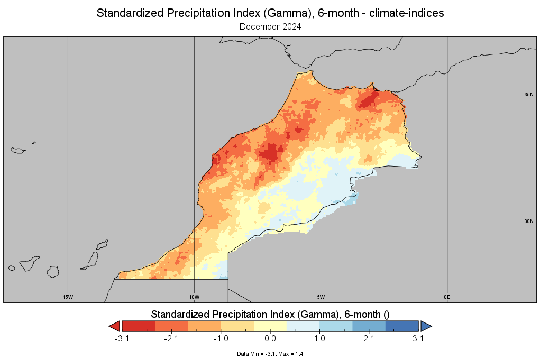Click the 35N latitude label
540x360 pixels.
[x=529, y=94]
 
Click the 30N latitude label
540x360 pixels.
[x=529, y=221]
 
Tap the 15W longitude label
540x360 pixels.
[x=68, y=297]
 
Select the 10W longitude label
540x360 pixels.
[x=194, y=297]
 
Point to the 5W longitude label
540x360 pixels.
[x=321, y=297]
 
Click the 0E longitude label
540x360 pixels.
[x=447, y=297]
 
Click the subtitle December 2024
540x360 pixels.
[x=270, y=27]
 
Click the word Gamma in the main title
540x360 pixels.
[x=282, y=13]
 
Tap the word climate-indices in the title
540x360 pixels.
[x=406, y=13]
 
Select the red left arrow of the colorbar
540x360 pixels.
[x=115, y=326]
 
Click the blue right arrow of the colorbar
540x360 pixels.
[x=426, y=326]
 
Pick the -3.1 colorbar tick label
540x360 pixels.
[x=122, y=339]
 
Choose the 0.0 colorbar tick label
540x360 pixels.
[x=270, y=339]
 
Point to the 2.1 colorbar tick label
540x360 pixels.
[x=369, y=339]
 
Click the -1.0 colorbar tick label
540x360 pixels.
[x=221, y=339]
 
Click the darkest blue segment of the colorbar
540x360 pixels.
[x=402, y=326]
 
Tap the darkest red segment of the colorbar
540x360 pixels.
[x=139, y=326]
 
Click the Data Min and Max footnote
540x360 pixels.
[x=270, y=354]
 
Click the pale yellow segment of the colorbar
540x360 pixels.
[x=270, y=326]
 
